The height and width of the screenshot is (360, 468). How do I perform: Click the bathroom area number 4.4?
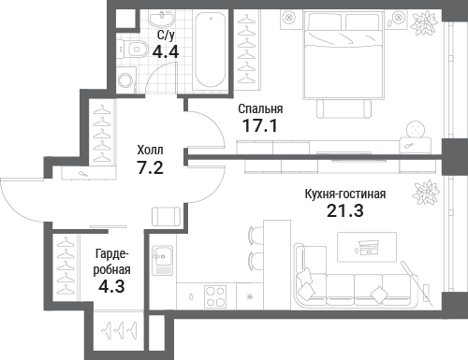(166, 51)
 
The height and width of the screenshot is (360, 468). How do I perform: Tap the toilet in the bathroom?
(133, 49)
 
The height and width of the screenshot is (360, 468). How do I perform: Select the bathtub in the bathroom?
(210, 50)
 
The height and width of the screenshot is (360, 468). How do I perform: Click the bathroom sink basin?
(162, 18)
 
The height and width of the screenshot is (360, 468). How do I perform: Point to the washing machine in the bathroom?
(126, 79)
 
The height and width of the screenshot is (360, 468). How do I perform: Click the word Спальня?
(260, 108)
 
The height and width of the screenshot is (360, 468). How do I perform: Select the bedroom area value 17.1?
(260, 126)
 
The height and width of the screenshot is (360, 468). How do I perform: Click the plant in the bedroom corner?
(423, 23)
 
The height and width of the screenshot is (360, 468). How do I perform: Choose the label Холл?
(150, 151)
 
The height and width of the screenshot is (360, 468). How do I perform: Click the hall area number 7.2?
(150, 167)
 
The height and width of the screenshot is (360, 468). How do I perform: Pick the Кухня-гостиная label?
(345, 194)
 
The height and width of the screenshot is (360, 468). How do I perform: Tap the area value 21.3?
(345, 210)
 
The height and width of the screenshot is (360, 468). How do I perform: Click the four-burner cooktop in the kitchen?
(215, 296)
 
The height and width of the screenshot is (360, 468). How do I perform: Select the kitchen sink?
(162, 260)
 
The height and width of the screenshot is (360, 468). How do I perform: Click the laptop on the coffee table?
(368, 248)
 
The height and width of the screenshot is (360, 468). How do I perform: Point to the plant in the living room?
(426, 193)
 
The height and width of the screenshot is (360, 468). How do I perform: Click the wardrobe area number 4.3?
(111, 286)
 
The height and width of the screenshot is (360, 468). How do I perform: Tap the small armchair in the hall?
(166, 216)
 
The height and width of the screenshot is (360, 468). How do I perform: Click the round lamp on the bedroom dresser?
(416, 129)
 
